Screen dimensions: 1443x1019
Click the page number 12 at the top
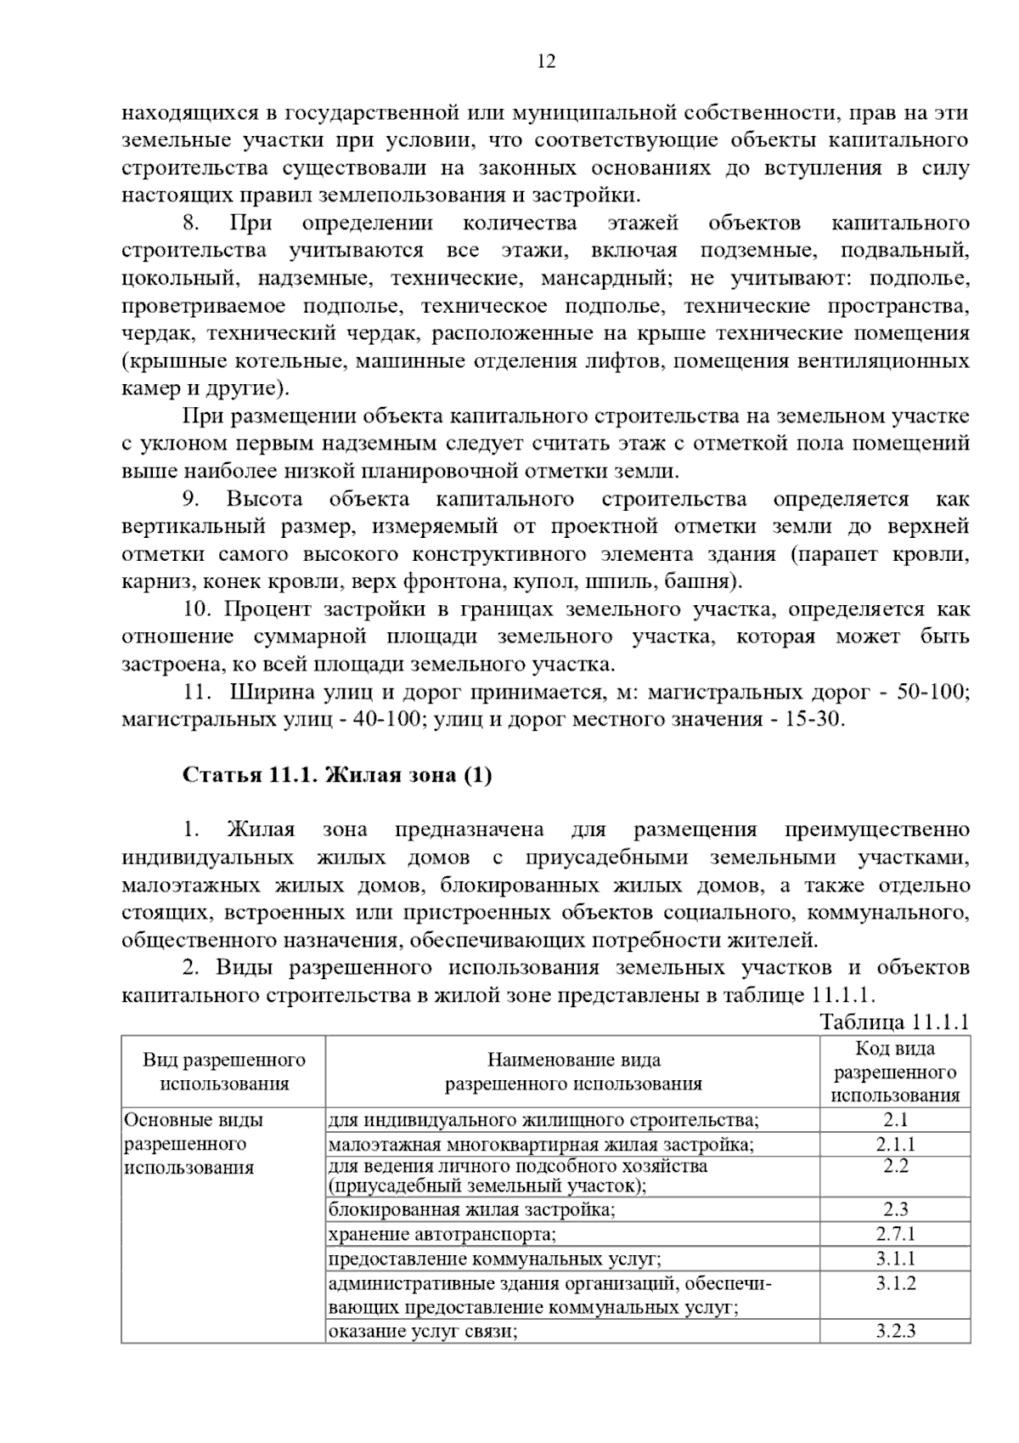point(546,62)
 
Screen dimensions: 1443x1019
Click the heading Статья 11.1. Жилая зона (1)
point(337,775)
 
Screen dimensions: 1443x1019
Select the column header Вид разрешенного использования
point(224,1072)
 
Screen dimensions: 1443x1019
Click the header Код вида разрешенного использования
point(894,1072)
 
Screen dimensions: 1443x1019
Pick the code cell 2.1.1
point(895,1144)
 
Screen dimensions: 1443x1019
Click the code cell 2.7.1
point(895,1234)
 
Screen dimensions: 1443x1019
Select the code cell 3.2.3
point(895,1331)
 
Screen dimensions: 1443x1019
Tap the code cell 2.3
point(895,1209)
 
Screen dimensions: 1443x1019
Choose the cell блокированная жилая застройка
point(471,1209)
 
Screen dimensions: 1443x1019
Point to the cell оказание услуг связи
point(423,1331)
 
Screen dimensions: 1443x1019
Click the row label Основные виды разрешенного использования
point(193,1144)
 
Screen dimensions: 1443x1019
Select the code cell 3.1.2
point(895,1283)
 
